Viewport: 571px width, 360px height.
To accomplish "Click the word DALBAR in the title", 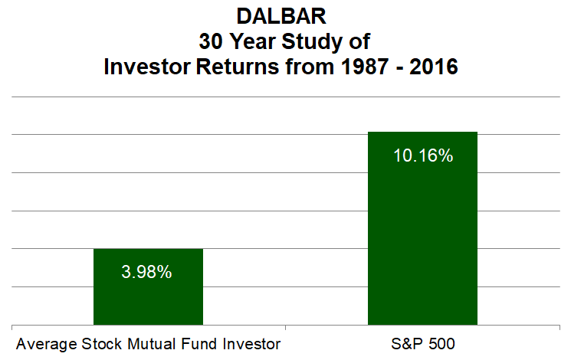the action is pos(281,16).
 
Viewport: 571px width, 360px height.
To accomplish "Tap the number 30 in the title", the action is pos(211,41).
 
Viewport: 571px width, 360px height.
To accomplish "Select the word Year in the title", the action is pos(253,41).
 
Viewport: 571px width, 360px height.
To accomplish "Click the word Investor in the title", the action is pos(147,67).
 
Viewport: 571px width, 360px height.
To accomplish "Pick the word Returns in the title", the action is pos(238,67).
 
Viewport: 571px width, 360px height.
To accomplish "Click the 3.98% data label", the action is pos(146,272).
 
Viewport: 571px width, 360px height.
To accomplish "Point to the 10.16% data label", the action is pos(423,155).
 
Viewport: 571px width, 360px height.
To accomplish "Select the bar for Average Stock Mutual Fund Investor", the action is pos(148,286).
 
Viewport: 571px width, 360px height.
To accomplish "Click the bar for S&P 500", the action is pos(422,228).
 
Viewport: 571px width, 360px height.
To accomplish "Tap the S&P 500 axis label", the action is pos(423,344).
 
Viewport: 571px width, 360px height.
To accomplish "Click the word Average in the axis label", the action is pos(47,345).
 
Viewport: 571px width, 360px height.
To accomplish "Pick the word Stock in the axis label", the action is pos(102,344).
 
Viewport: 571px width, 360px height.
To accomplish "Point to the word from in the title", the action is pos(310,67).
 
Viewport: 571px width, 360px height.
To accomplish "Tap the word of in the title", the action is pos(359,41).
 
